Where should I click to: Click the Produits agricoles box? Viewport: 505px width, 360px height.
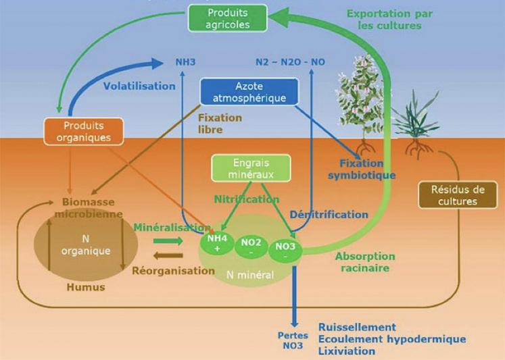coord(229,18)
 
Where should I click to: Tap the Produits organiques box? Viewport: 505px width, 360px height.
coord(83,132)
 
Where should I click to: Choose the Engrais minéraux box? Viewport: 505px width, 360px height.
coord(251,168)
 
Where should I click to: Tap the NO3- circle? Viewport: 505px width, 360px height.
coord(283,251)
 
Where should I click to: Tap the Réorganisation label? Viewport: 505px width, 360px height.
coord(174,270)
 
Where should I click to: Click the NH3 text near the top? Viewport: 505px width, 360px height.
coord(185,61)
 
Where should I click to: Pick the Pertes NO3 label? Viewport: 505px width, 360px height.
coord(293,340)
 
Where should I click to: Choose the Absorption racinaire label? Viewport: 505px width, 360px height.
coord(365,262)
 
